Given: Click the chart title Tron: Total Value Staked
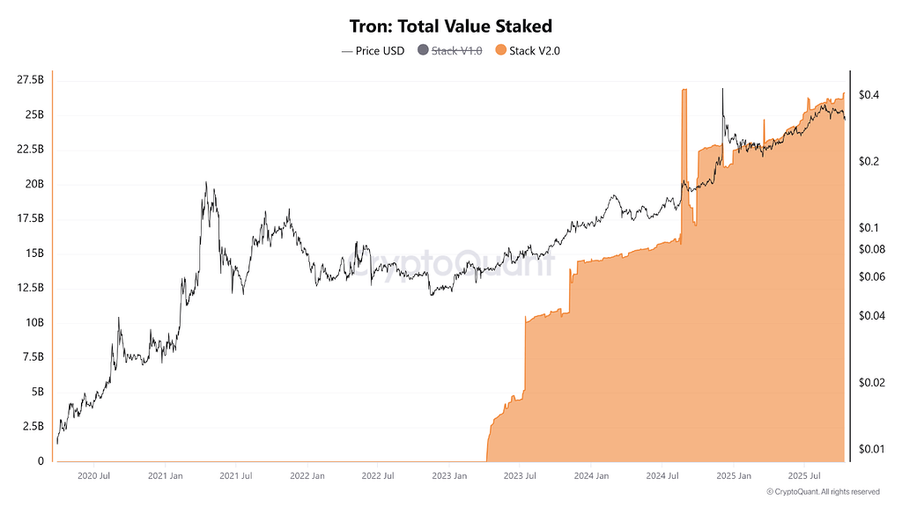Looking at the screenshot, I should coord(450,26).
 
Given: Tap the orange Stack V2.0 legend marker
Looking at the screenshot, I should coord(501,50).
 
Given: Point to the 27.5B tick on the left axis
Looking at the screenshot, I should coord(30,80).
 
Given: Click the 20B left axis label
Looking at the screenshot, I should coord(33,184).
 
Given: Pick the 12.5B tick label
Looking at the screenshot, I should coord(30,288).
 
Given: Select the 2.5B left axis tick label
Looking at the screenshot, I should coord(33,426).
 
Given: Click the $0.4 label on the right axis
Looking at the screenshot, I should coord(868,94).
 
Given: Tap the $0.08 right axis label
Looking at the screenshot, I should coord(871,249).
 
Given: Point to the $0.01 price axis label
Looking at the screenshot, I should coord(871,449).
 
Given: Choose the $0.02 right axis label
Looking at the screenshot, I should coord(871,382).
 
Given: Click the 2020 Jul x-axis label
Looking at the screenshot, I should coord(93,476).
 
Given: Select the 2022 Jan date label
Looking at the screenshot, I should coord(307,476).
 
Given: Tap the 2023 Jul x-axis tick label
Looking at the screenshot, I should coord(519,476).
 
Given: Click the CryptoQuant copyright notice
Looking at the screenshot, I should coord(823,491).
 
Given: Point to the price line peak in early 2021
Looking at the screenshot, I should coord(205,183).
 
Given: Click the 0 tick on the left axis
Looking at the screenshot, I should coord(41,460).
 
